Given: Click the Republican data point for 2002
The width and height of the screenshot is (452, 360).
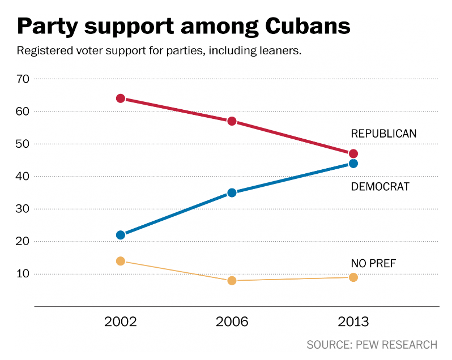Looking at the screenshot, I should click(x=121, y=98).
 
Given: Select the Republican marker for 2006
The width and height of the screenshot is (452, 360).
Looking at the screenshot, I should click(x=232, y=121).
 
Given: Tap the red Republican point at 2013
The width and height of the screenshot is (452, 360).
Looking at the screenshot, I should click(x=353, y=154).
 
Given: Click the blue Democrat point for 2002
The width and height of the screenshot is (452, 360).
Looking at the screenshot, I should click(x=121, y=235).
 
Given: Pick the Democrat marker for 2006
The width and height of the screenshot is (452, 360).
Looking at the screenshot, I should click(x=232, y=192).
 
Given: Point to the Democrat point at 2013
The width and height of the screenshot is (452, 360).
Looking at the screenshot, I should click(x=353, y=164).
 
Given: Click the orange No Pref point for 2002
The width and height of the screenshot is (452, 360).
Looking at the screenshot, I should click(x=121, y=261).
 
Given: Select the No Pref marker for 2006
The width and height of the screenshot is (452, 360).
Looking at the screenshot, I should click(x=232, y=280).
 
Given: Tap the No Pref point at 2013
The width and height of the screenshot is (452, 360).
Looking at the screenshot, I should click(x=353, y=277).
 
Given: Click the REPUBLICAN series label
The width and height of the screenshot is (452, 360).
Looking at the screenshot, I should click(x=383, y=134).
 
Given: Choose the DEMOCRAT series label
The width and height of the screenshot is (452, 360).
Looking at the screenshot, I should click(x=379, y=186).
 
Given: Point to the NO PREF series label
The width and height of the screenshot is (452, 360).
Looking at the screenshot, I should click(x=373, y=263).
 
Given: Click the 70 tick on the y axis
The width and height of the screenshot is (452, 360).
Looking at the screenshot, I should click(x=23, y=79).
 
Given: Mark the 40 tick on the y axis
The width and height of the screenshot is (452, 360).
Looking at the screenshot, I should click(x=23, y=177).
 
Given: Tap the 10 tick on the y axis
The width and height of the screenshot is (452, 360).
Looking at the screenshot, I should click(x=23, y=274).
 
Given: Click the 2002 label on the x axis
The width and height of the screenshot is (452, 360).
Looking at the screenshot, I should click(x=121, y=322).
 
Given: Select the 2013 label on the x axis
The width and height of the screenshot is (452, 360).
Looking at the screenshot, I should click(x=353, y=322).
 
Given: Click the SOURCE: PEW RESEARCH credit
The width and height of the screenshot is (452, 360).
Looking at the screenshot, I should click(x=372, y=344).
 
